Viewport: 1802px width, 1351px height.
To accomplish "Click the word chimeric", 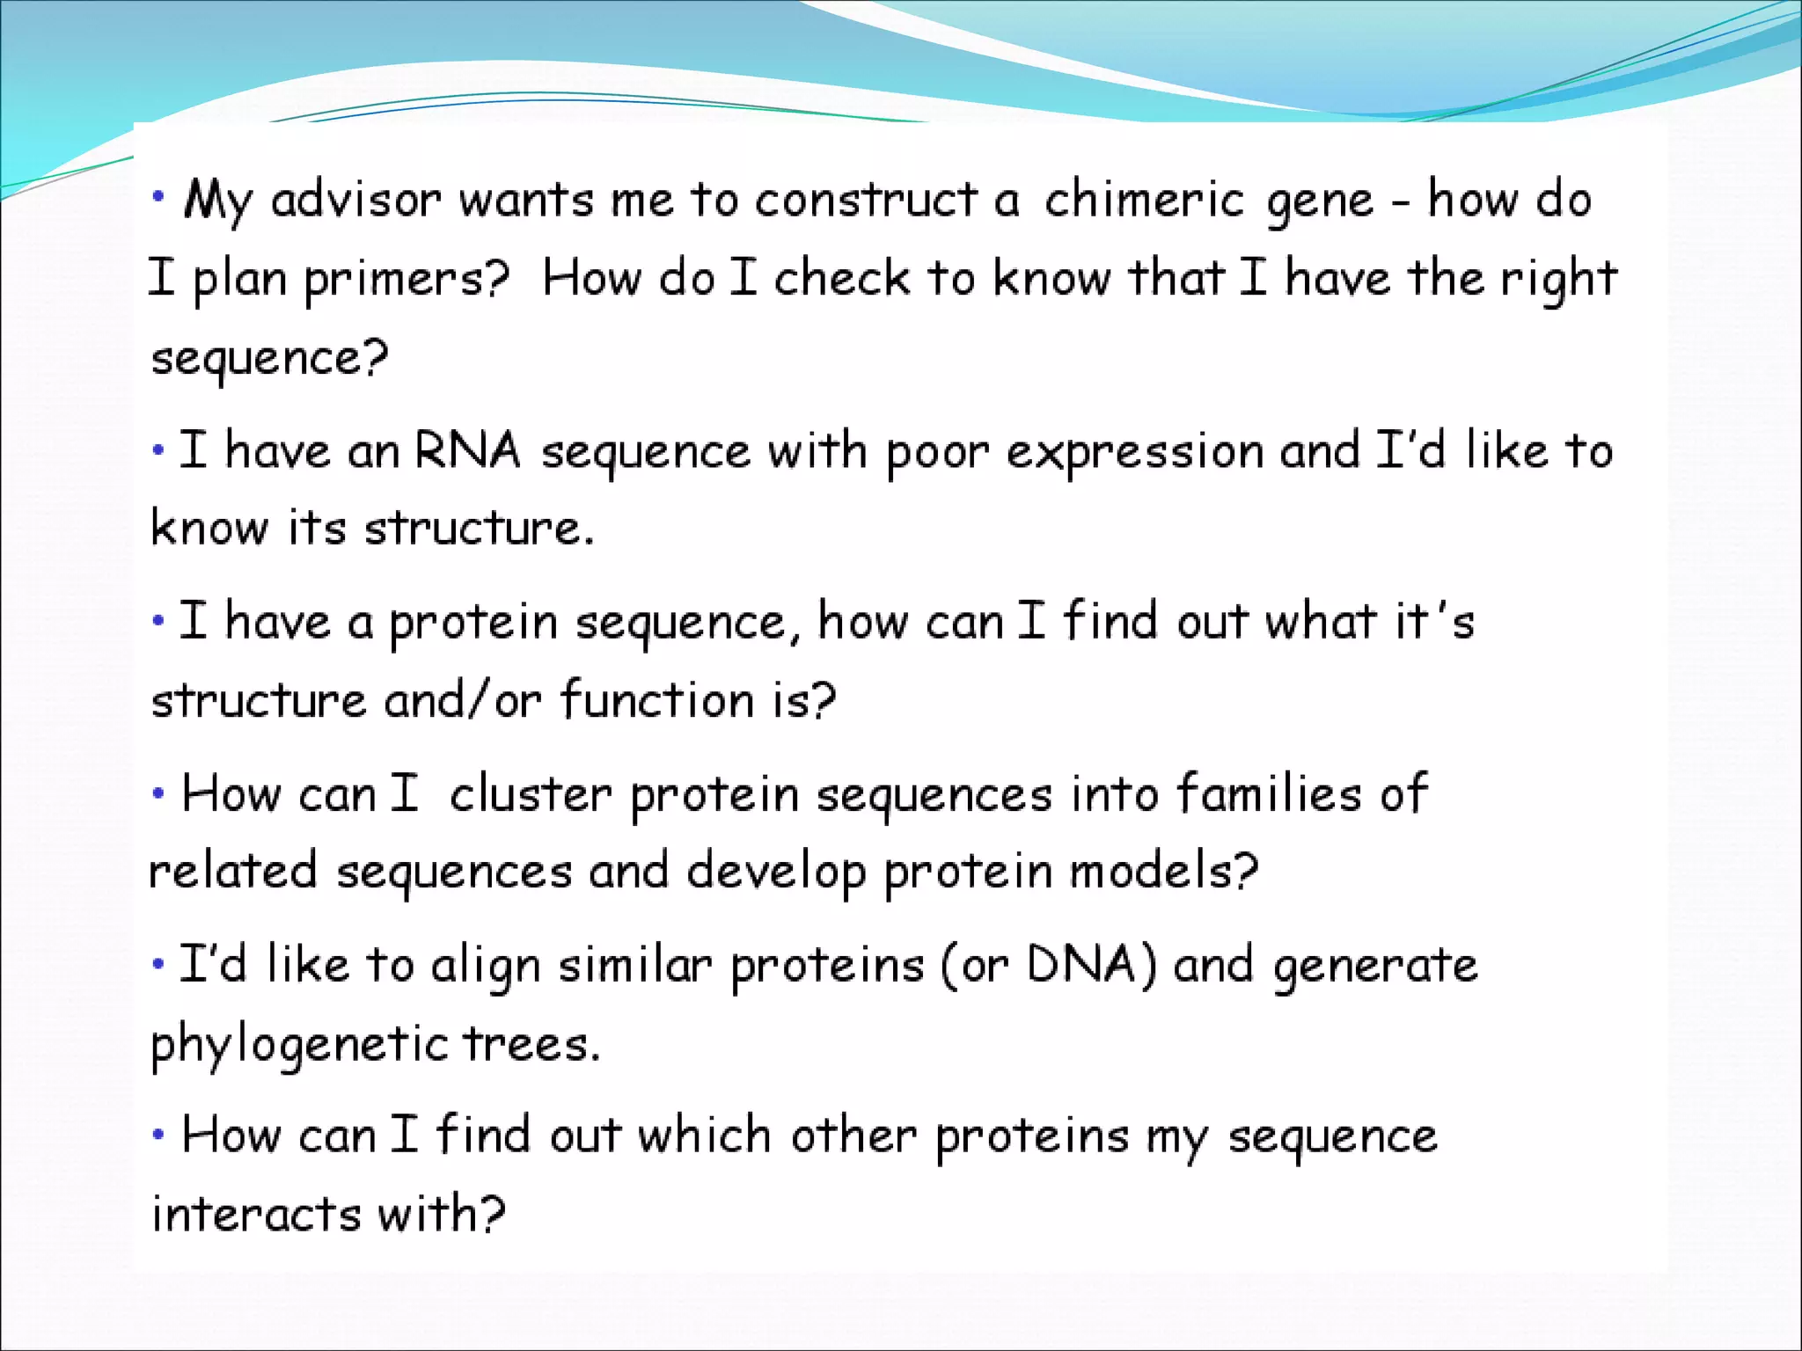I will (1143, 200).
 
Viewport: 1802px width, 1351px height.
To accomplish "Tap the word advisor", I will (355, 200).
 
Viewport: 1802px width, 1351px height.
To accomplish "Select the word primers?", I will (407, 281).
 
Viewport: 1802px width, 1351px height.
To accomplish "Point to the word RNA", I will (467, 451).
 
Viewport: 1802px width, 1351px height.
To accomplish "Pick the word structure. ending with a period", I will (479, 529).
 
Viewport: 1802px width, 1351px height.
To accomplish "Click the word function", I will (657, 701).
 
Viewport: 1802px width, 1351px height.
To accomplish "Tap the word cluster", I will (530, 794).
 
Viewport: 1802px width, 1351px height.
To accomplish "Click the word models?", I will (1164, 872).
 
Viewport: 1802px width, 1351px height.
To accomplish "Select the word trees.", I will (531, 1045).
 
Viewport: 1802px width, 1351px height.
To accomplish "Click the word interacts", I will (256, 1215).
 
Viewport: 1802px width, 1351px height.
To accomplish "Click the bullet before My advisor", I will (158, 197).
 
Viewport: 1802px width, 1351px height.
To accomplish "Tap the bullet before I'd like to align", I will (158, 964).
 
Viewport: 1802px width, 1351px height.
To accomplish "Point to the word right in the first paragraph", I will (1558, 281).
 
